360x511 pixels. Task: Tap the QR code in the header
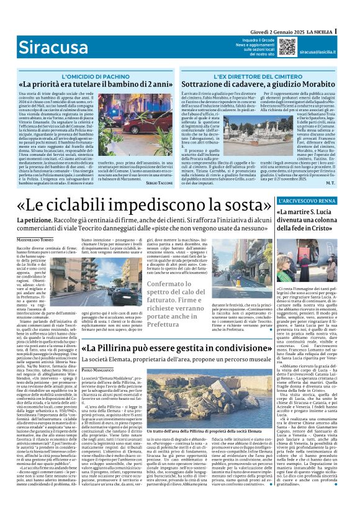pyautogui.click(x=287, y=47)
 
